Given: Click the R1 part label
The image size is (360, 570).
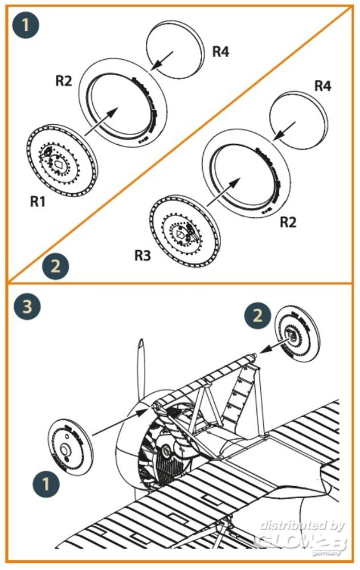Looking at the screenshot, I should click(x=39, y=202).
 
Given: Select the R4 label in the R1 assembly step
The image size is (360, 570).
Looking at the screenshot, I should click(x=220, y=51).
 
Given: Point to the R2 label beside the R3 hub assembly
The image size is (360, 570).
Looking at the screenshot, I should click(x=288, y=222).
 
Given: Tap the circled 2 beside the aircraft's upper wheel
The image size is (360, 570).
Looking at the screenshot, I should click(x=257, y=315).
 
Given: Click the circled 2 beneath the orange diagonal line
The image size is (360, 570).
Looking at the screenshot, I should click(x=56, y=266).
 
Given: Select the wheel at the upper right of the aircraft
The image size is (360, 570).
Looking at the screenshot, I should click(x=296, y=336).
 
